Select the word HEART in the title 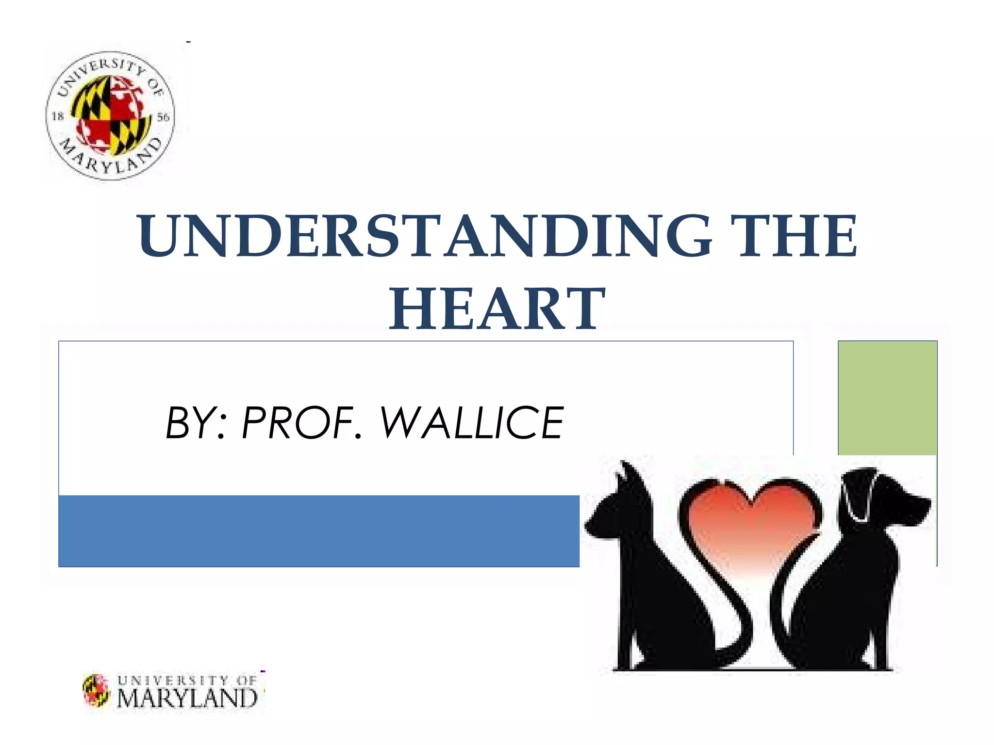pos(497,308)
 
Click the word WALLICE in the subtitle pos(471,423)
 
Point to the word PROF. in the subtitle pos(301,423)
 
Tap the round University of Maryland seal pos(110,115)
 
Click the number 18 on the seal pos(58,116)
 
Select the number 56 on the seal pos(163,117)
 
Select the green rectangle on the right pos(887,398)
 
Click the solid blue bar pos(318,531)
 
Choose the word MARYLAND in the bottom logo pos(187,698)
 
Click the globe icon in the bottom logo pos(96,690)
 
